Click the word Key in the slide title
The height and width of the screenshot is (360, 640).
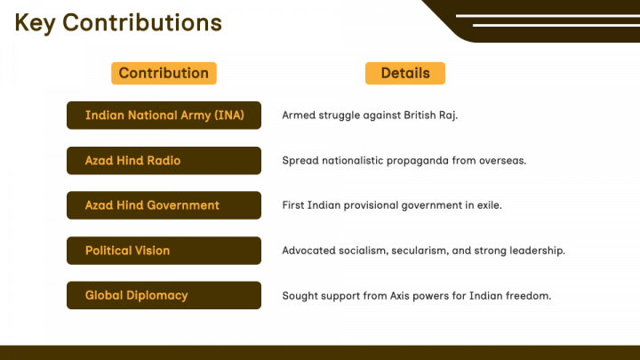tap(35, 24)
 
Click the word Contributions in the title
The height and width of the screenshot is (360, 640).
tap(142, 22)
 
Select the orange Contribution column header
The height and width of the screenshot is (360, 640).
tap(164, 74)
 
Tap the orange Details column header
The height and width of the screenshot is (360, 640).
tap(405, 74)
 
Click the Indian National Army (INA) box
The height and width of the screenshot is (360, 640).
tap(164, 116)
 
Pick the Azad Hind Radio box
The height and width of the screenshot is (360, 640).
tap(164, 161)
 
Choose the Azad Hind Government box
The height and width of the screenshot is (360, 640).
tap(164, 205)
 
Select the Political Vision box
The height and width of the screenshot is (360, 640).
tap(164, 251)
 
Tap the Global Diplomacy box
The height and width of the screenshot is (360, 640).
tap(164, 295)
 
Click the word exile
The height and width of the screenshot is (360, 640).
tap(490, 205)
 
